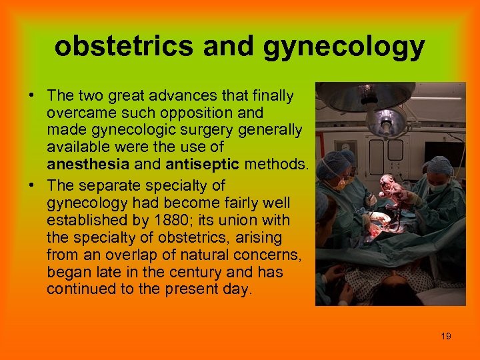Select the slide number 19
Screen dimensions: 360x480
point(446,337)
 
